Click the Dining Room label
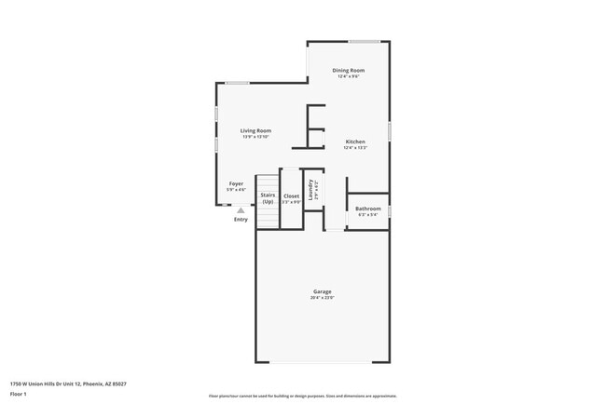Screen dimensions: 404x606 (x=349, y=71)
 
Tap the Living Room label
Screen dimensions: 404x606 (x=255, y=131)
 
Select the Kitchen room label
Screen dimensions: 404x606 (x=355, y=141)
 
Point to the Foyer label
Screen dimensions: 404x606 (x=236, y=183)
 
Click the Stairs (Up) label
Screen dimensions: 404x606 (x=268, y=197)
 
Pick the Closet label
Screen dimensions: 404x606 (x=291, y=195)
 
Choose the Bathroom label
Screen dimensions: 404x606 (x=367, y=209)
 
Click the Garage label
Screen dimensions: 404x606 (x=322, y=292)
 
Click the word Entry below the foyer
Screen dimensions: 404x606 (x=241, y=220)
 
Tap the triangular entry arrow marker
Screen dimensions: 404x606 (x=241, y=211)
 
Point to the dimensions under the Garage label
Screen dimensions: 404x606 (x=322, y=298)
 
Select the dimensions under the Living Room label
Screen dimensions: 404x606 (x=255, y=137)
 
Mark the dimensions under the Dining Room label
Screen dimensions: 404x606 (x=349, y=76)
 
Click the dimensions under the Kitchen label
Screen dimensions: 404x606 (x=355, y=147)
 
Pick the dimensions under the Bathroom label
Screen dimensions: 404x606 (x=367, y=214)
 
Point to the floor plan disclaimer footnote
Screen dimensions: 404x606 (x=302, y=396)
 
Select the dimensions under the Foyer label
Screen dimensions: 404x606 (x=236, y=189)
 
